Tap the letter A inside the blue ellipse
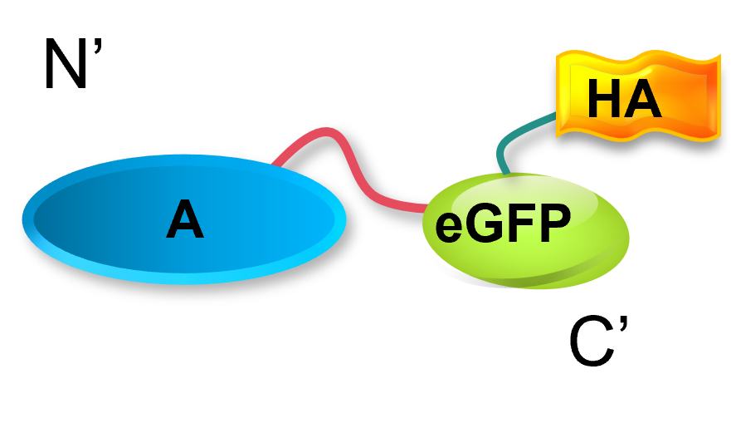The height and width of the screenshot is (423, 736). coord(184,221)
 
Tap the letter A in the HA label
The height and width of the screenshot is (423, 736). coord(642,101)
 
